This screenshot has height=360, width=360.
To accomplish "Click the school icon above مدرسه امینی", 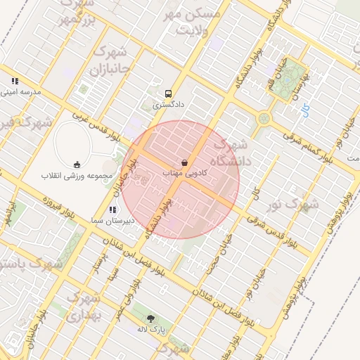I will tap(15, 81).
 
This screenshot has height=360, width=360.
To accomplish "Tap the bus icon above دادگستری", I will tap(168, 93).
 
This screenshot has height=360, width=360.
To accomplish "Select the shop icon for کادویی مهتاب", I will tap(184, 162).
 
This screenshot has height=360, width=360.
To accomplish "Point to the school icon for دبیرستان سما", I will tap(112, 209).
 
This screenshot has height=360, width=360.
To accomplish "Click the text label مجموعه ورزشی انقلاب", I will tap(73, 174).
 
